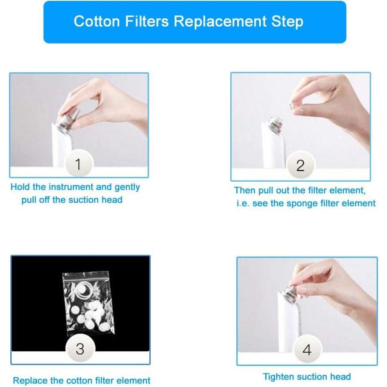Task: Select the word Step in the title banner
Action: (x=288, y=22)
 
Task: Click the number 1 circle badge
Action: (x=78, y=164)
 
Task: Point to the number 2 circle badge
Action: (x=300, y=165)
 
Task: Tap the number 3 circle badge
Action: (x=80, y=349)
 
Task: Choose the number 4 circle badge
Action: (x=307, y=350)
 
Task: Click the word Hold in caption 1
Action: (x=19, y=187)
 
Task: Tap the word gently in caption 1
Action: (x=127, y=187)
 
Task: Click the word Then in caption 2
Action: (x=244, y=190)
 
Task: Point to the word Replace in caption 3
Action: (x=29, y=381)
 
